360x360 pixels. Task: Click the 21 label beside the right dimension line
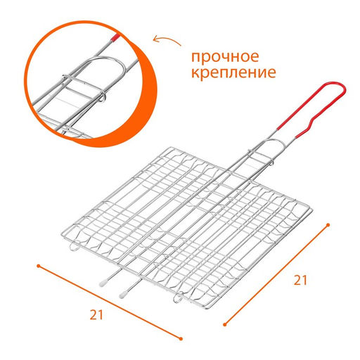pos(300,280)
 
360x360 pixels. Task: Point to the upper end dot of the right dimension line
pos(329,224)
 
